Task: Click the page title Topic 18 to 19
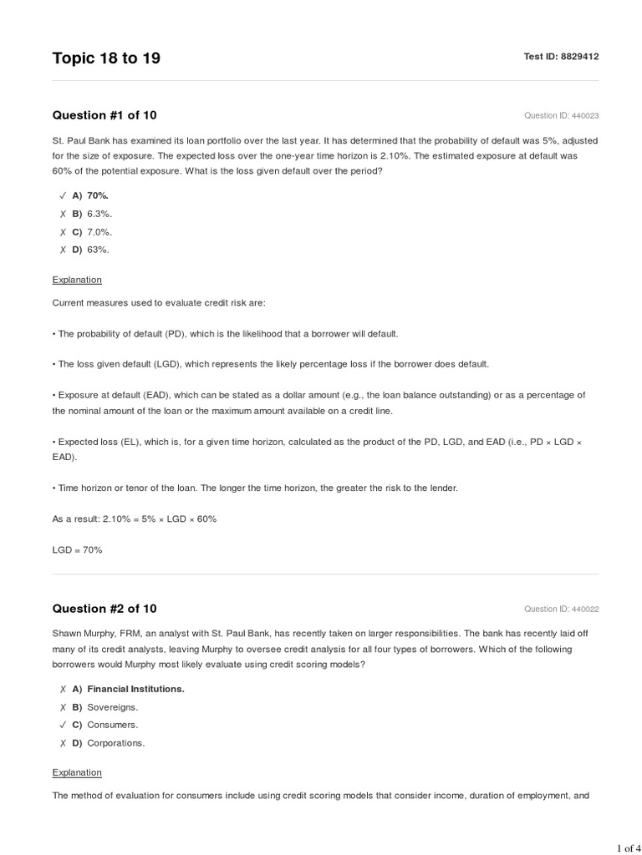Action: click(106, 58)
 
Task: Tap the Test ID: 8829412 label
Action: click(561, 57)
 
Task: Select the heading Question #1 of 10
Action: click(104, 115)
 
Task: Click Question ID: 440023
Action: click(561, 116)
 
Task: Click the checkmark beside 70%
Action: click(63, 195)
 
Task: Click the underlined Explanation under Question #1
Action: click(77, 280)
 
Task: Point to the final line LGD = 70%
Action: click(77, 550)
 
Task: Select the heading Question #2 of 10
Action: click(104, 609)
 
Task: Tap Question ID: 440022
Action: click(561, 610)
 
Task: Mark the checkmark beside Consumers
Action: click(63, 725)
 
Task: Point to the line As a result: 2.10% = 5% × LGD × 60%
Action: click(135, 519)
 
